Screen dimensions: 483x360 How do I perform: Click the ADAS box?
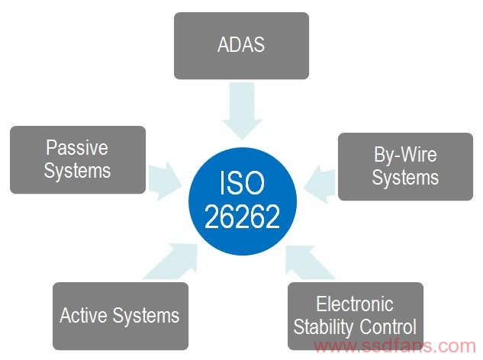(241, 46)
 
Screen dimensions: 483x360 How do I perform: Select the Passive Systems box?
(78, 159)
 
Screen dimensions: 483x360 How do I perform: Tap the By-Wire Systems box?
(405, 166)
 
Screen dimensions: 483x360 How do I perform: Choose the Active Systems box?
(121, 316)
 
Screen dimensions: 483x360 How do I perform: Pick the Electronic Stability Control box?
(356, 316)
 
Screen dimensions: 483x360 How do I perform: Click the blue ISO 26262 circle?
(243, 201)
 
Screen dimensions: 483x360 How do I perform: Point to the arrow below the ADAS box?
(242, 111)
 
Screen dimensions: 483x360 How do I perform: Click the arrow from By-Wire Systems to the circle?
(320, 184)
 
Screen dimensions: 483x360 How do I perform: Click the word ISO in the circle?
(242, 183)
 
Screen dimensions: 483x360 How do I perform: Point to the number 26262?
(242, 217)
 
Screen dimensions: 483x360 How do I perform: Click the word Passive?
(77, 147)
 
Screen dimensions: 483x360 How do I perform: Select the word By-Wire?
(405, 154)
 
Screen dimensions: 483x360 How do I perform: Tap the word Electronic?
(355, 304)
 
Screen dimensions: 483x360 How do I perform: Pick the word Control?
(388, 326)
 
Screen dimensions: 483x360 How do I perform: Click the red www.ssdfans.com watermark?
(395, 346)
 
